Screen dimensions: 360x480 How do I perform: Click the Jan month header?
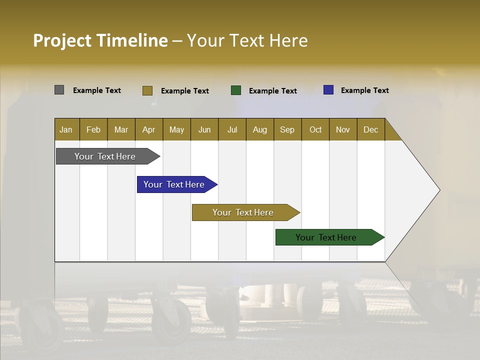tap(66, 129)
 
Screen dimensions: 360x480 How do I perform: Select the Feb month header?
tap(93, 129)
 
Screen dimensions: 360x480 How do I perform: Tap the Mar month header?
tap(121, 129)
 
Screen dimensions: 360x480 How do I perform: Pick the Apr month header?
tap(149, 129)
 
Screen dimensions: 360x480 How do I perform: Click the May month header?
tap(176, 129)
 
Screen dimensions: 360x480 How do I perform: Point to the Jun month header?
tap(204, 129)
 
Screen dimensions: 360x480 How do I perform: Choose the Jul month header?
tap(232, 129)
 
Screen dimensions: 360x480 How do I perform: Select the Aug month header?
tap(260, 129)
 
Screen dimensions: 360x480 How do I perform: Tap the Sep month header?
tap(287, 129)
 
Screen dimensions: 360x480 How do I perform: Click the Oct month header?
tap(315, 129)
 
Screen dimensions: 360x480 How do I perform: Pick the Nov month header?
tap(343, 129)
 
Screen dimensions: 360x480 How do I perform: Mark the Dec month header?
tap(371, 129)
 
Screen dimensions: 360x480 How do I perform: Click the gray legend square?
tap(59, 90)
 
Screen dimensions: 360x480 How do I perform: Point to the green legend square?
tap(236, 90)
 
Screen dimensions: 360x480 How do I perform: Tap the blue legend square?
tap(328, 90)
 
